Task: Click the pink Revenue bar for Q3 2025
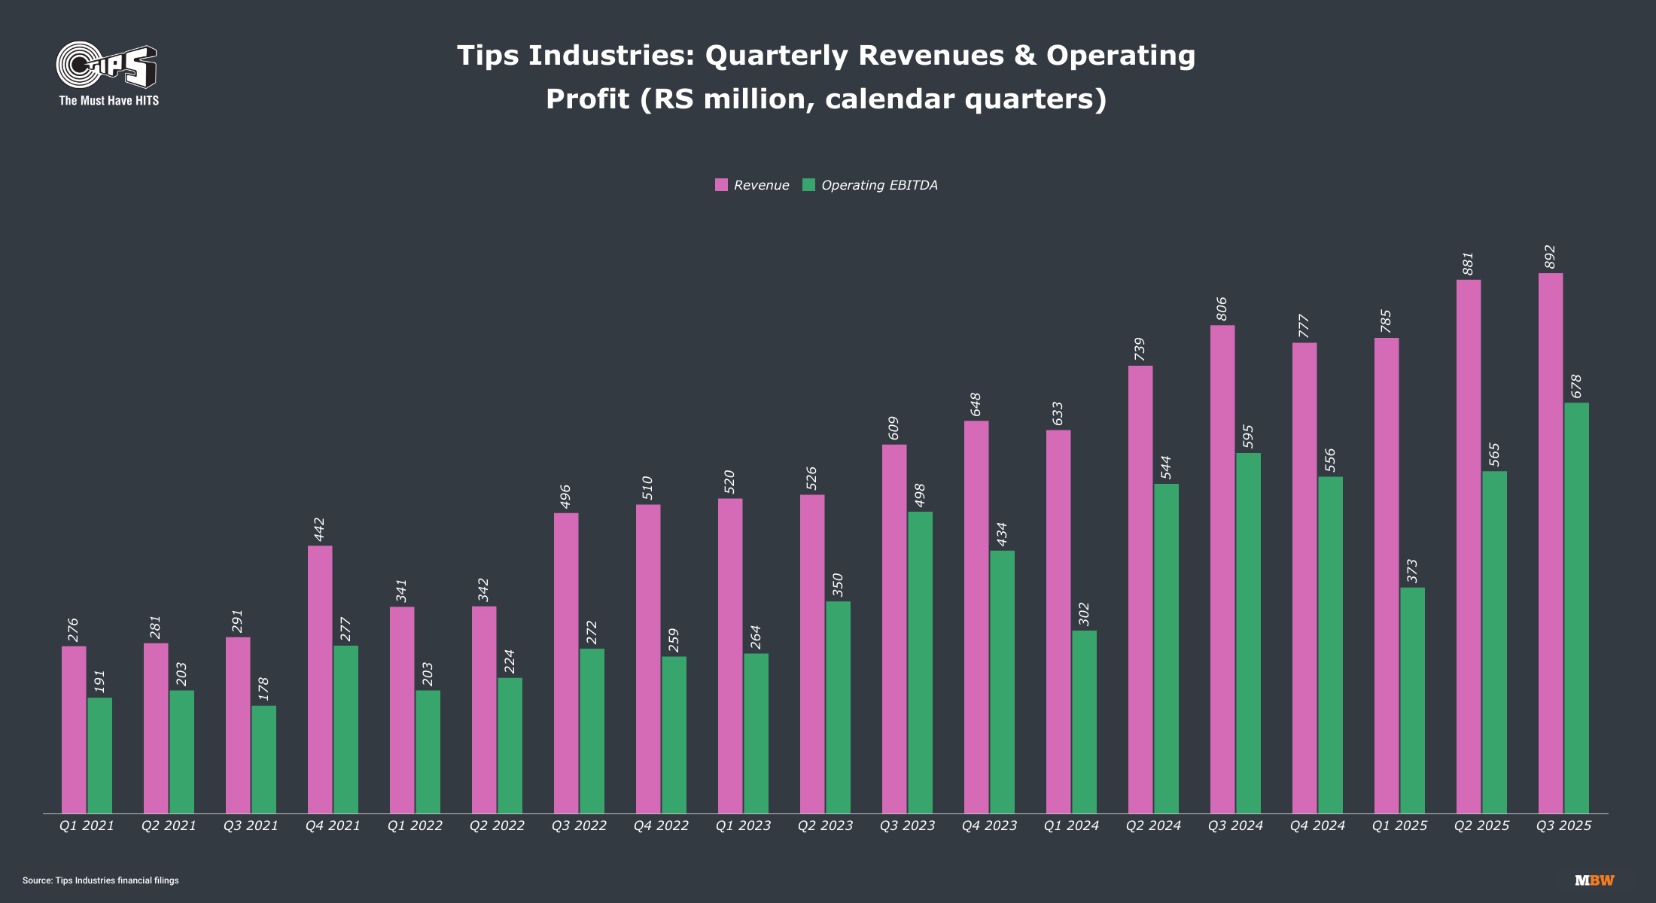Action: click(1551, 542)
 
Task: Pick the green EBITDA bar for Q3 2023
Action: click(920, 662)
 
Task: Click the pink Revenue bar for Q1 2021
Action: click(74, 729)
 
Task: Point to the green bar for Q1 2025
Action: click(1412, 700)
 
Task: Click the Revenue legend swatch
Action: click(721, 185)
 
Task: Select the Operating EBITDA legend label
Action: click(879, 185)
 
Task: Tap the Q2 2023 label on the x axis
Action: click(825, 825)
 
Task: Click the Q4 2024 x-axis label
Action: click(1317, 825)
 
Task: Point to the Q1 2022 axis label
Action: click(415, 825)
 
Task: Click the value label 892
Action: click(1550, 257)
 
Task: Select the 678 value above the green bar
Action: click(1576, 386)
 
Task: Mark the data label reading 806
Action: click(1222, 309)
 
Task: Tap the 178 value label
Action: click(263, 689)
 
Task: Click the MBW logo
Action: click(1594, 880)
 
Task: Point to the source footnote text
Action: click(101, 880)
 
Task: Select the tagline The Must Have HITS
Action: click(109, 101)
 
